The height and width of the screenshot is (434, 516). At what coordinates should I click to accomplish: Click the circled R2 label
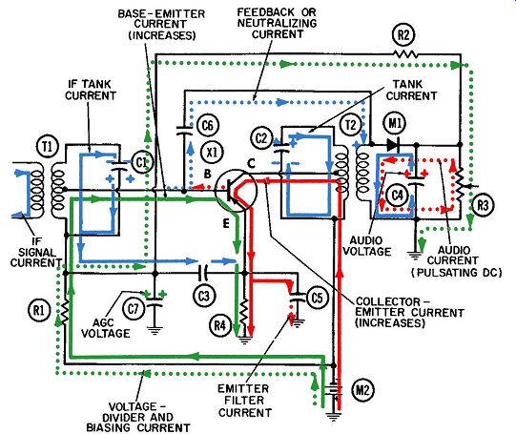403,34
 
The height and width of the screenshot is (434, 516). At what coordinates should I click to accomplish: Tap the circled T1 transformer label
49,147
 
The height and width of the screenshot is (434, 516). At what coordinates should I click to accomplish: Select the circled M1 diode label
395,123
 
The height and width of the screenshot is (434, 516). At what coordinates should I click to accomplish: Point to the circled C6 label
208,125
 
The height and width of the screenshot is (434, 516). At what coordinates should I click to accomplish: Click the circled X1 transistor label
212,152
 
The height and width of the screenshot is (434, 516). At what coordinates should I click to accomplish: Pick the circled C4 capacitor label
398,196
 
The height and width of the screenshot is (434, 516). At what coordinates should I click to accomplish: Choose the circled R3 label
483,205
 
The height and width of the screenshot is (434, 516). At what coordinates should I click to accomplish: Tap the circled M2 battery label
362,390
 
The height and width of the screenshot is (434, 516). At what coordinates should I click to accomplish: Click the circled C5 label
318,299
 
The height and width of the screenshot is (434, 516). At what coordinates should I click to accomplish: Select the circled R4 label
220,325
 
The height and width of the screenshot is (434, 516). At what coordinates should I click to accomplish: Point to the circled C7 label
134,309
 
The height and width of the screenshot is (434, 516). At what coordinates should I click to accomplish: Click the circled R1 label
39,310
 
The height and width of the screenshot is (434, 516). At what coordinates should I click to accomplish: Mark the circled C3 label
204,296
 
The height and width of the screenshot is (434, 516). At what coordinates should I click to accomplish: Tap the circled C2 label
261,138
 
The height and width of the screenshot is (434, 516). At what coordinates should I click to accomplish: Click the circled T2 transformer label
351,125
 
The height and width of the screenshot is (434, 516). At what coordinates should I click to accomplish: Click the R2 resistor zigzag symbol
405,53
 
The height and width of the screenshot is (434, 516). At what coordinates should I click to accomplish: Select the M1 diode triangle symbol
393,144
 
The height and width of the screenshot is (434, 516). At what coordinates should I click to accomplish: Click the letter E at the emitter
226,223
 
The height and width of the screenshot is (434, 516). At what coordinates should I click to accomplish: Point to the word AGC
103,322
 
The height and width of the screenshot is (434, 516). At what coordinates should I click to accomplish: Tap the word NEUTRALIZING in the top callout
278,23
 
